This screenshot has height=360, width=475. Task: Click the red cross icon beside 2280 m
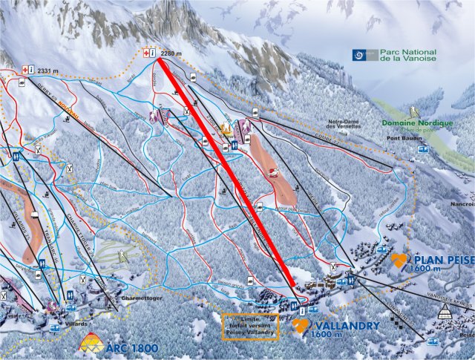pos(145,52)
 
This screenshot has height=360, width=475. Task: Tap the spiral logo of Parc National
pos(360,54)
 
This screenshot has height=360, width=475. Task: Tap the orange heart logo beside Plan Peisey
pos(400,260)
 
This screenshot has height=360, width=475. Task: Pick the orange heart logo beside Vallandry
pos(301,325)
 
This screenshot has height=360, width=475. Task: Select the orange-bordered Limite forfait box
pos(250,326)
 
